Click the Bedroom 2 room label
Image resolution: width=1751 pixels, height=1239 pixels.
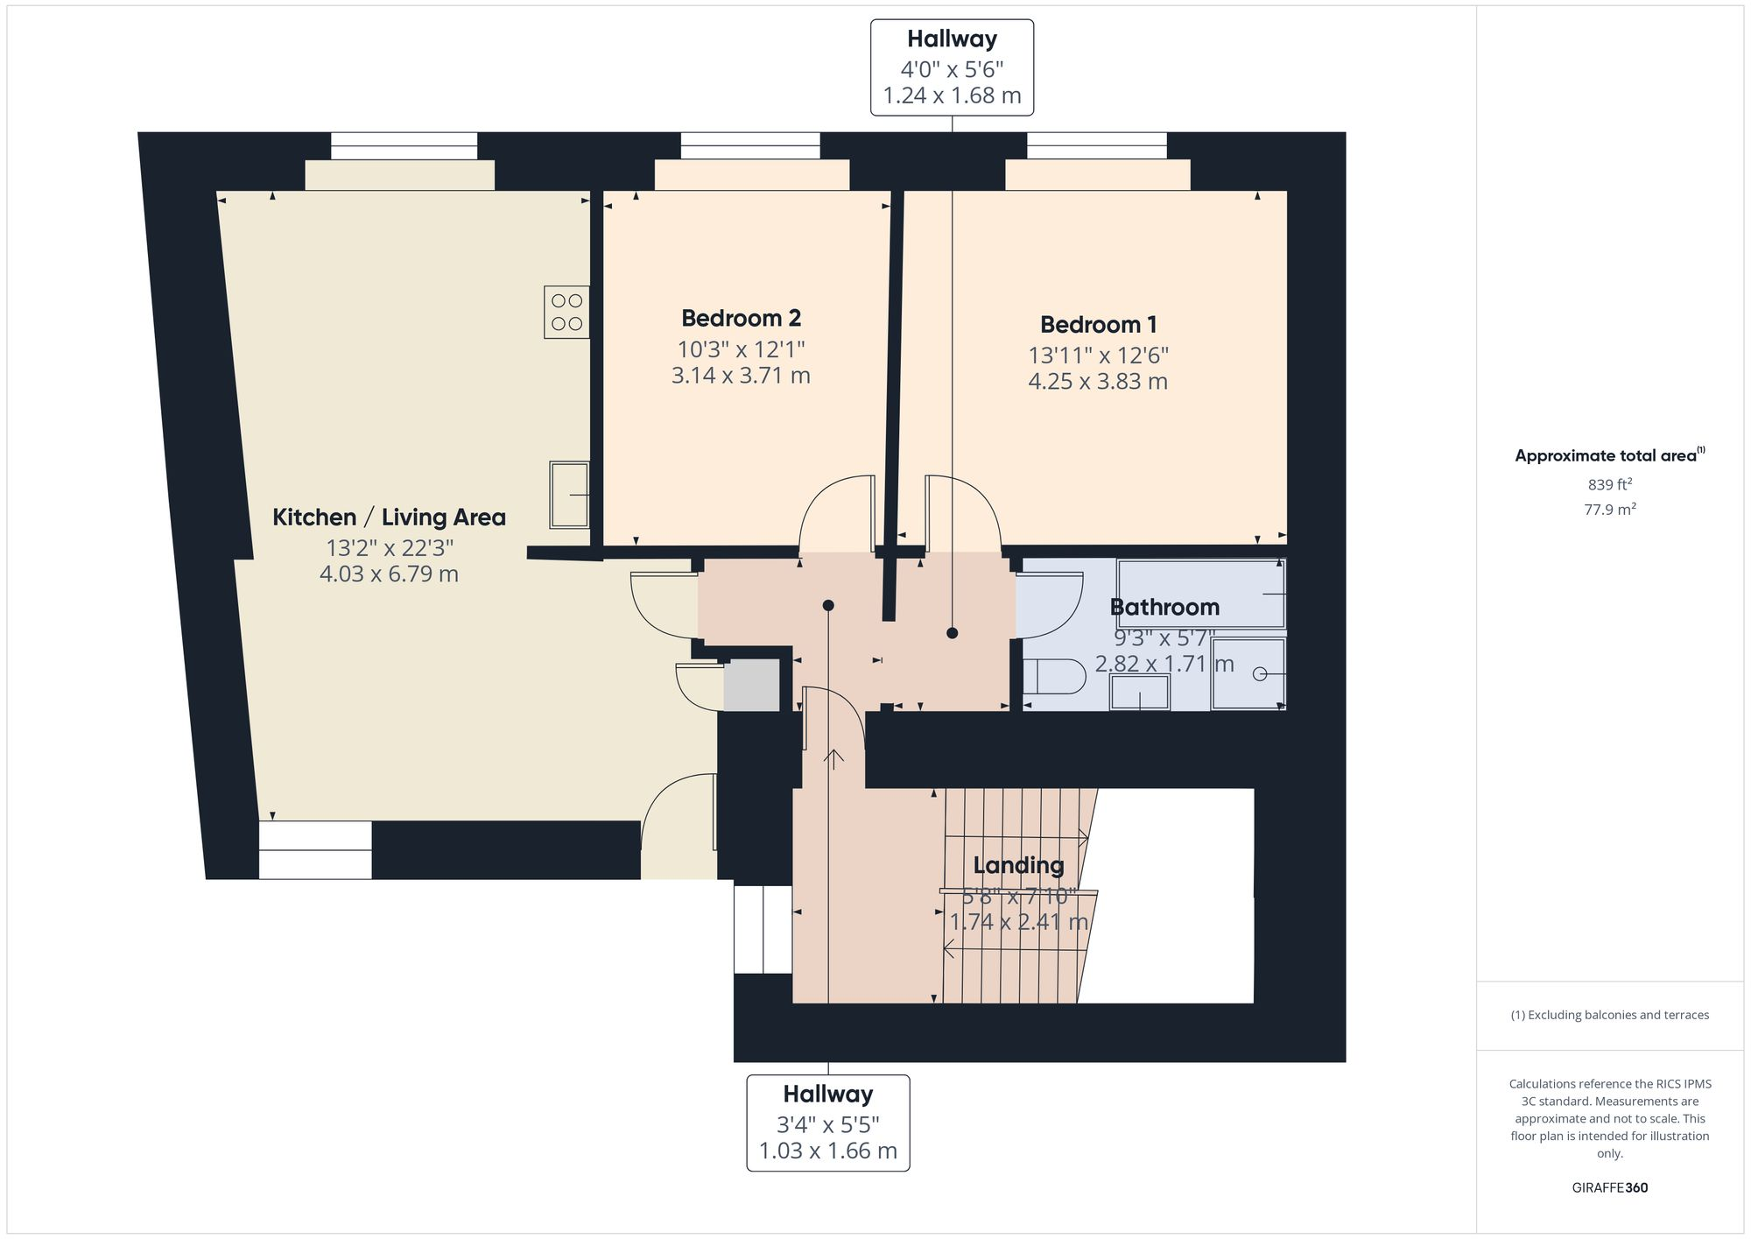(x=741, y=318)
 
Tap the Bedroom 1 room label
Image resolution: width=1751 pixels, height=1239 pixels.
(x=1098, y=324)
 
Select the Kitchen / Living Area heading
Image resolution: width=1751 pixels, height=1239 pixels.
(x=389, y=517)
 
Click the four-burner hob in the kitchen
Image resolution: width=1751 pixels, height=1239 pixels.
(x=566, y=312)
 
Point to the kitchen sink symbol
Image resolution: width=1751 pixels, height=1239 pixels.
(x=569, y=495)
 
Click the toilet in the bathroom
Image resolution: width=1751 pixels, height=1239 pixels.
(x=1053, y=675)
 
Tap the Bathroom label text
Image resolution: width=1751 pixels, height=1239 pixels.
(x=1164, y=607)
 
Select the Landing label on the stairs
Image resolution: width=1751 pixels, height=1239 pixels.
(x=1018, y=865)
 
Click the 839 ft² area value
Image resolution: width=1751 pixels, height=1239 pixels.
(x=1609, y=484)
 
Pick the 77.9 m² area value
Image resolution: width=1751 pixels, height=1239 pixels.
(x=1609, y=509)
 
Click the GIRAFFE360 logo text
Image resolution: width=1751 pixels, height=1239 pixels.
(x=1609, y=1187)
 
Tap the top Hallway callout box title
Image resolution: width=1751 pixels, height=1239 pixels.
(x=952, y=39)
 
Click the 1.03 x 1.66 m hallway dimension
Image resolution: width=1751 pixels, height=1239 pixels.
(x=827, y=1151)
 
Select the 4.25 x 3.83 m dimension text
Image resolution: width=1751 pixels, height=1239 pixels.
(x=1098, y=382)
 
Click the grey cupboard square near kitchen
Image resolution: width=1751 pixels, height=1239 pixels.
(x=751, y=685)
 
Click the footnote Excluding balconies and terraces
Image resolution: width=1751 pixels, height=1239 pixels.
(x=1609, y=1015)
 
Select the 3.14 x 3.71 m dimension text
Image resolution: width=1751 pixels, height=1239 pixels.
(x=741, y=376)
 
